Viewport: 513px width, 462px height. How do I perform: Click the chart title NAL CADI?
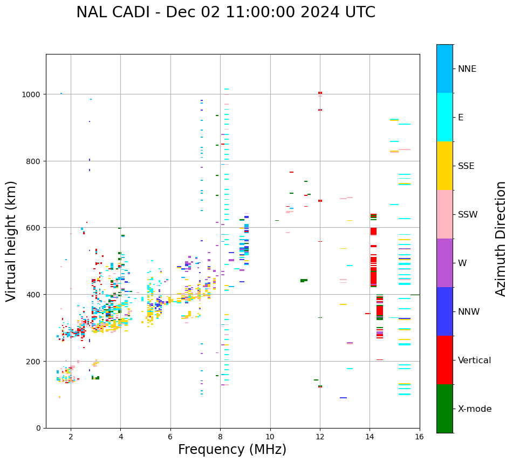point(225,12)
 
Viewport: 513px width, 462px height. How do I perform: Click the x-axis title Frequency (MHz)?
point(232,450)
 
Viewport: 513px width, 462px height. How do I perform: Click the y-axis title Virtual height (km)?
point(12,241)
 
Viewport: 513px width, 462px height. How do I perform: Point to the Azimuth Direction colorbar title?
point(501,239)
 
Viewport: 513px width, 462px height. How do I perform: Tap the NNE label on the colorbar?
point(467,69)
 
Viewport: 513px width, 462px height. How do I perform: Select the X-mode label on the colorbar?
point(475,409)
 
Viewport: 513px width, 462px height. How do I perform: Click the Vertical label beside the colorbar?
point(475,361)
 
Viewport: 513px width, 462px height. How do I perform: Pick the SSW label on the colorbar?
point(468,214)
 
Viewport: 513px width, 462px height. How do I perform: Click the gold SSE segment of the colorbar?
point(444,166)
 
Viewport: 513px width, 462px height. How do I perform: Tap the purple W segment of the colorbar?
point(444,263)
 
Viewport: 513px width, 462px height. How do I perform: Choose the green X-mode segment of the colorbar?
point(444,409)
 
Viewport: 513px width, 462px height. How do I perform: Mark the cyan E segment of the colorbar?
point(444,117)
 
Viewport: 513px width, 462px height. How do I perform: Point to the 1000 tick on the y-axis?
point(33,94)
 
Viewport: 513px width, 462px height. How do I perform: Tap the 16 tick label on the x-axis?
point(419,437)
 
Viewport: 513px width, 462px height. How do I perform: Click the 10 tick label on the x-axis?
point(270,437)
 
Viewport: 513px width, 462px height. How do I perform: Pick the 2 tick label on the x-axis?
point(71,437)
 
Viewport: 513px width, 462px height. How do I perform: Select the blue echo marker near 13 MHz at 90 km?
point(343,398)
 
